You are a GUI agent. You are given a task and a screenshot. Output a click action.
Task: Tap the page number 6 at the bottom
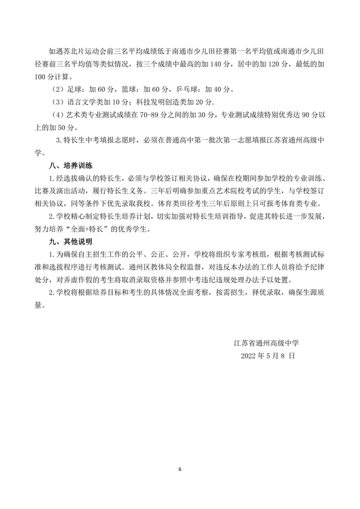click(x=180, y=469)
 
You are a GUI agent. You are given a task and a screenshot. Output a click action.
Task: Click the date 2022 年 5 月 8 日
click(x=269, y=356)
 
